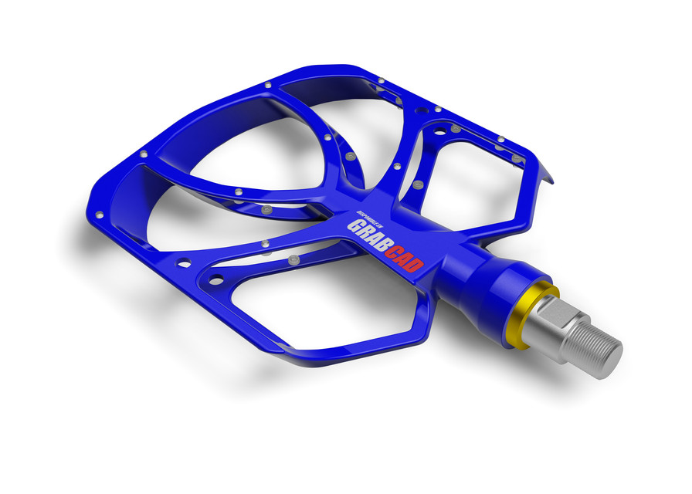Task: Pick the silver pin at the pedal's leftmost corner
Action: pyautogui.click(x=99, y=215)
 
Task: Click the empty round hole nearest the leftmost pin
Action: pyautogui.click(x=185, y=263)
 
